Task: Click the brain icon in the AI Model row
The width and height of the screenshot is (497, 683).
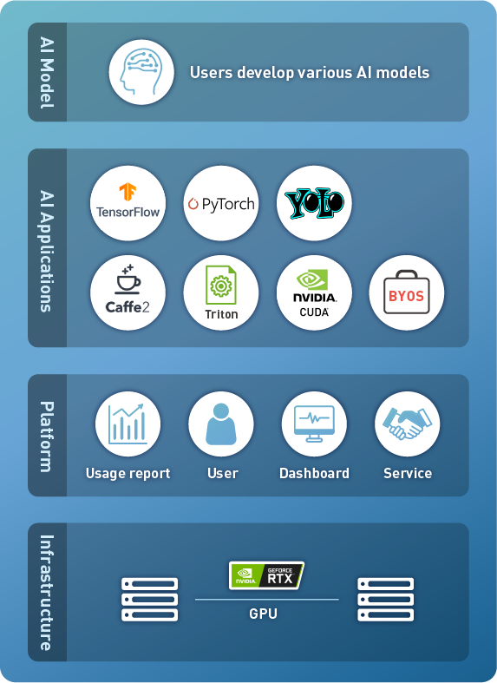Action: (x=141, y=72)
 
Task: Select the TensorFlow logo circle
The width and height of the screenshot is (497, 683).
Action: (x=128, y=203)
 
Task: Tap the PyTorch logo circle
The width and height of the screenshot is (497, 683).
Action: (x=221, y=203)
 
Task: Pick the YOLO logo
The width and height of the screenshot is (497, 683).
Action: (x=314, y=203)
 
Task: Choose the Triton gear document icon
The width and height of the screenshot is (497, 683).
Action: (x=221, y=286)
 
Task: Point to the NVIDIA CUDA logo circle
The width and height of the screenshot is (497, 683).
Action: (x=314, y=292)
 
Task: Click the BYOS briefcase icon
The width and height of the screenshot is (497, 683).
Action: (x=407, y=292)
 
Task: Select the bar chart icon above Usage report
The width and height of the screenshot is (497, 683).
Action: (x=128, y=424)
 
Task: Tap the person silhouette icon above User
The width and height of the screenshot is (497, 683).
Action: (x=221, y=424)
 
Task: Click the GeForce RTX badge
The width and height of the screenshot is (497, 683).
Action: (x=267, y=575)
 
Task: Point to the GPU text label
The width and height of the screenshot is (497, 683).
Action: (x=264, y=614)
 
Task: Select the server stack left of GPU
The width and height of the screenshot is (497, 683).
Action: (x=150, y=600)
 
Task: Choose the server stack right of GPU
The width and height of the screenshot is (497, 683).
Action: (x=386, y=600)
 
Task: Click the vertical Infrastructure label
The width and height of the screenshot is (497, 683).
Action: (x=47, y=593)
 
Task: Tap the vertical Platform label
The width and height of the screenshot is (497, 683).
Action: (x=47, y=437)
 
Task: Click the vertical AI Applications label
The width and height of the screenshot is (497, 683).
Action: (x=47, y=251)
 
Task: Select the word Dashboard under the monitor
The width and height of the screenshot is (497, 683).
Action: (x=314, y=473)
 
